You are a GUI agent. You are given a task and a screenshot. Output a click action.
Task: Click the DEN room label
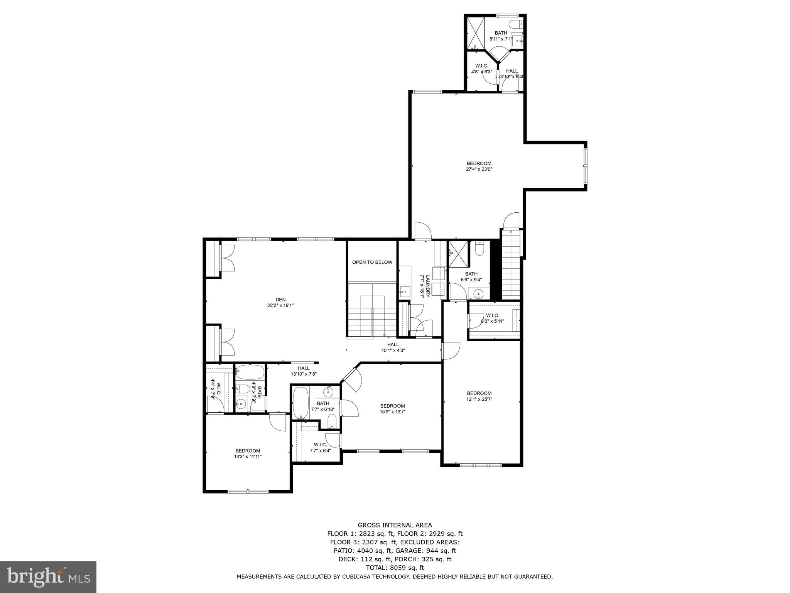(x=280, y=299)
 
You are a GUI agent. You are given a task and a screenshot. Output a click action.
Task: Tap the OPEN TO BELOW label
(x=372, y=262)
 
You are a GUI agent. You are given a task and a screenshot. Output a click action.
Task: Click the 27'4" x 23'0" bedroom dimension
(x=479, y=169)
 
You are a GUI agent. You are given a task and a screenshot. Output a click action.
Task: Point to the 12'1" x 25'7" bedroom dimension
(x=479, y=399)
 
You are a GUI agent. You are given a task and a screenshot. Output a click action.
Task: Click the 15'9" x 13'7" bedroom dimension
(x=392, y=412)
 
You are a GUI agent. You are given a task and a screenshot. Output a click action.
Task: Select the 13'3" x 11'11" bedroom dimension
(x=248, y=456)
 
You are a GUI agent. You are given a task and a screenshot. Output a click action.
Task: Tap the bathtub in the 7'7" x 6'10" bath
(x=300, y=403)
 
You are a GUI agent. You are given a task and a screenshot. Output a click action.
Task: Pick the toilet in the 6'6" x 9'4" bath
(x=479, y=249)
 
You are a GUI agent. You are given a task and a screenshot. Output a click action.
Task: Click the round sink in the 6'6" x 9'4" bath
(x=479, y=294)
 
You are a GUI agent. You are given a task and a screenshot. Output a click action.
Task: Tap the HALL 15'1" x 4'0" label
(x=393, y=347)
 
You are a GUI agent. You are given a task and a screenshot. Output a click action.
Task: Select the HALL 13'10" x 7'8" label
(x=304, y=371)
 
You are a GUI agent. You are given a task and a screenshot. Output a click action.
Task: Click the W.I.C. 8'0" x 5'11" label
(x=493, y=318)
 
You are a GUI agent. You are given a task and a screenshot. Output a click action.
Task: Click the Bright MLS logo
(x=48, y=577)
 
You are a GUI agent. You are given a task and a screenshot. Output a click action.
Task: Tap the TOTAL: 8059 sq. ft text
(x=395, y=568)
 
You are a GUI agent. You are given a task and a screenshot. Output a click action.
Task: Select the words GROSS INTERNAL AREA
(x=395, y=525)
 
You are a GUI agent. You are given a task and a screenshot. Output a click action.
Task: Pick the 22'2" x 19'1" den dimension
(x=280, y=305)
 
